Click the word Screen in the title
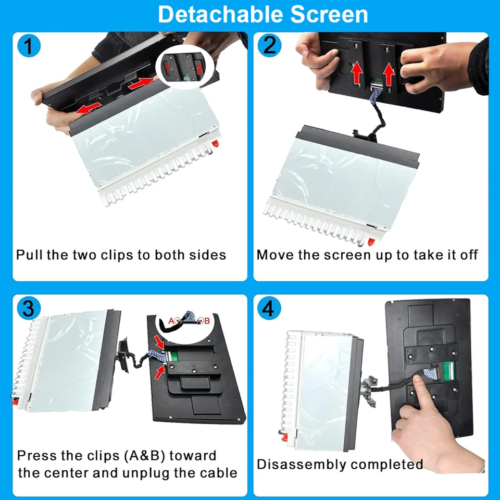point(329,15)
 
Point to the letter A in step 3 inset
point(171,320)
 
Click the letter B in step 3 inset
point(207,321)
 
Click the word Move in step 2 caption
point(275,255)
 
